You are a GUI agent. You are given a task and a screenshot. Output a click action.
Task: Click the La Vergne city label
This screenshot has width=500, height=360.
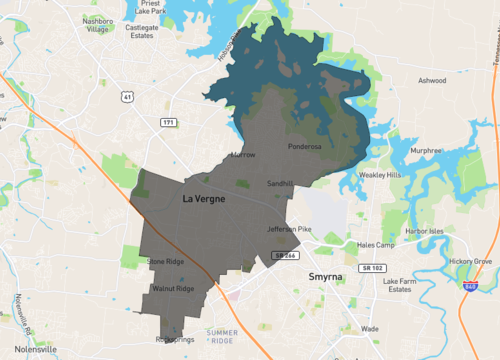point(203,200)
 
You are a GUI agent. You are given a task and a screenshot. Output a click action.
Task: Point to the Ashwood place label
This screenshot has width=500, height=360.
point(432,81)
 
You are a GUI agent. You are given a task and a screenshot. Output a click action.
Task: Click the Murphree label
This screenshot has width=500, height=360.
point(426,151)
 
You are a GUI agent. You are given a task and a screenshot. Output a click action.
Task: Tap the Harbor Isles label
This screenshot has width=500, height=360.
point(424,231)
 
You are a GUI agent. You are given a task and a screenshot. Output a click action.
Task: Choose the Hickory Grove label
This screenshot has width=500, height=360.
point(471,261)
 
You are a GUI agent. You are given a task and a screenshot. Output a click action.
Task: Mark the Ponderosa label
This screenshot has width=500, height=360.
point(304,147)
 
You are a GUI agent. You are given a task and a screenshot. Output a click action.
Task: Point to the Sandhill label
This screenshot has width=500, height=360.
point(280,185)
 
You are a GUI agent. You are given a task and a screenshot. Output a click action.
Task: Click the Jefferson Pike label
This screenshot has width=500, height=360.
point(290,229)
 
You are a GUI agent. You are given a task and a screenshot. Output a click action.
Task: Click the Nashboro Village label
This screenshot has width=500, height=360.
point(97,25)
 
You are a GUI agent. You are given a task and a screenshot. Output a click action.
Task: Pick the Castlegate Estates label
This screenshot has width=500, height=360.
point(142,31)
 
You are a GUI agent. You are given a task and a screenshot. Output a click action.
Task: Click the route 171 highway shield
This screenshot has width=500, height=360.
point(169,122)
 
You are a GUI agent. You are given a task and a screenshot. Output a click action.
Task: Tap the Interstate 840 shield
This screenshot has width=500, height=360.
point(469,286)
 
